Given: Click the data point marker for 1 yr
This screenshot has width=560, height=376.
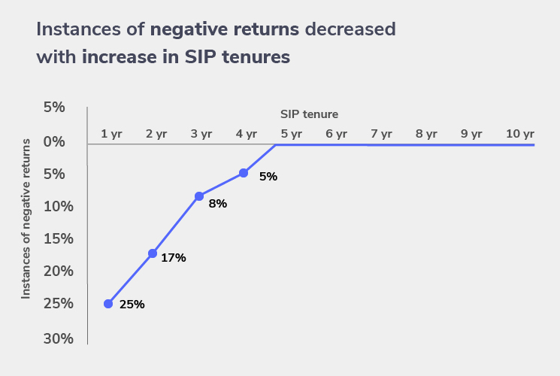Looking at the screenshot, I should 108,304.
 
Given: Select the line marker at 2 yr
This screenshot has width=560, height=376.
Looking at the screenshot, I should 153,253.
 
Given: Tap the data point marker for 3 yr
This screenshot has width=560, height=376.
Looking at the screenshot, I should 199,196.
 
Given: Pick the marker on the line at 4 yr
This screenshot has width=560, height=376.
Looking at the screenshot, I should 244,173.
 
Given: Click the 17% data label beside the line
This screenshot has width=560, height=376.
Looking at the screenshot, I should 174,258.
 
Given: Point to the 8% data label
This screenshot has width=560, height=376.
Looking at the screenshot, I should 218,203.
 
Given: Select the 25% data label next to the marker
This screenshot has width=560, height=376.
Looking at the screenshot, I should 132,305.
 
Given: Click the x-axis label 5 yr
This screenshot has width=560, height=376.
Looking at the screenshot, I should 292,134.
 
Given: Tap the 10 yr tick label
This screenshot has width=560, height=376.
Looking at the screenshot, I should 519,134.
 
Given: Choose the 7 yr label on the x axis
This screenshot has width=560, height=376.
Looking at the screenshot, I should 381,134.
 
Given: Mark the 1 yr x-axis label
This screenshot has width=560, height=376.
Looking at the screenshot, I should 111,134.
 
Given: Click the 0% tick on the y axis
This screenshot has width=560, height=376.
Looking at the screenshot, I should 53,141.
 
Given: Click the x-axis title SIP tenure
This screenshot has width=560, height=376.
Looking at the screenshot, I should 309,114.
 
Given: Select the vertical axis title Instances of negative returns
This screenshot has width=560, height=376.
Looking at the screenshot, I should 26,218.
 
